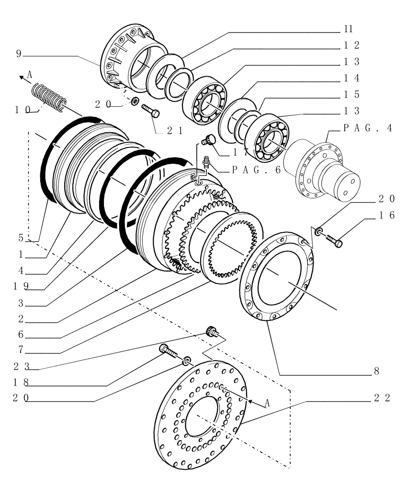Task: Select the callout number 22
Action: point(384,398)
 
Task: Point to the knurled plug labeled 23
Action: point(211,331)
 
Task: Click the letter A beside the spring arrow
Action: point(30,74)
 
